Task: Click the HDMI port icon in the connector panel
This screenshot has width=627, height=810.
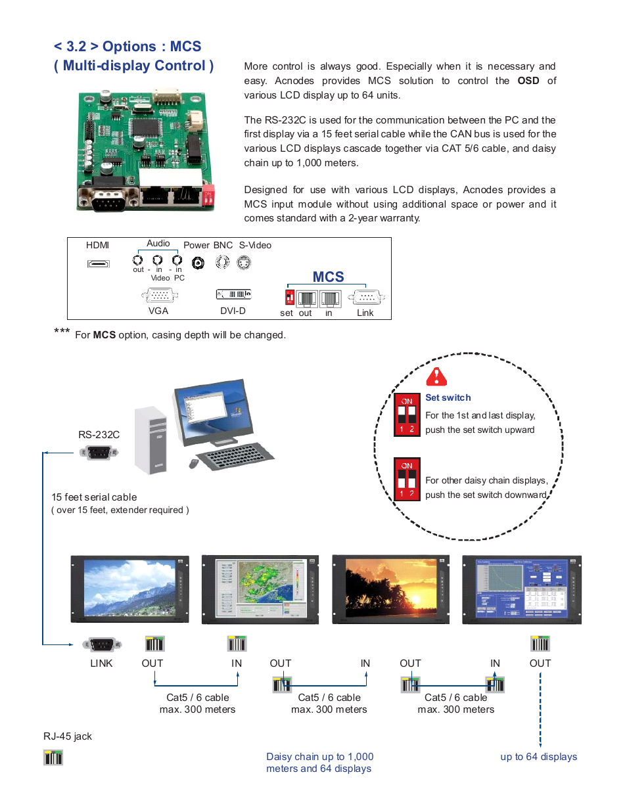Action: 99,263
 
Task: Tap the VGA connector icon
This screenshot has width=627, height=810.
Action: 160,296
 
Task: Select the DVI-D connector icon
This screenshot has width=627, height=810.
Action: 233,294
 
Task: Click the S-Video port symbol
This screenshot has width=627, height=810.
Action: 244,263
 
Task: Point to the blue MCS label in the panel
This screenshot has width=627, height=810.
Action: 328,277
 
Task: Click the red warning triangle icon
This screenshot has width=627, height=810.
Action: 436,377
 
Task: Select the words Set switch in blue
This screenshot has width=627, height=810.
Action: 448,397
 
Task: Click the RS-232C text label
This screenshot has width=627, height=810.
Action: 99,434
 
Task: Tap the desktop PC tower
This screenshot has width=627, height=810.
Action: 151,439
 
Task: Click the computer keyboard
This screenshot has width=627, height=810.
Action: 236,455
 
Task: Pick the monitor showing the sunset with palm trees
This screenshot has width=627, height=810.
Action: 391,588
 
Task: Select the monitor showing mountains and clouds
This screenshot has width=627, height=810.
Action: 129,588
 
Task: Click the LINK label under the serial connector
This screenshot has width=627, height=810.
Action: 101,663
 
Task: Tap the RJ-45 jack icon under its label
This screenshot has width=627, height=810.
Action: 53,757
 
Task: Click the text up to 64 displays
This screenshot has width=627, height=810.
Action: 538,756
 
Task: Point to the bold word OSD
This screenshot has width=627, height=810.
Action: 528,81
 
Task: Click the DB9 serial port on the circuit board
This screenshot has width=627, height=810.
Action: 108,198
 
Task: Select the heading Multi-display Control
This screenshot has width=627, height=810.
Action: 133,66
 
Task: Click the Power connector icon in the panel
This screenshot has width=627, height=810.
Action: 198,263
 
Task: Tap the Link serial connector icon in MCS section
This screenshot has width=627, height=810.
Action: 366,298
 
